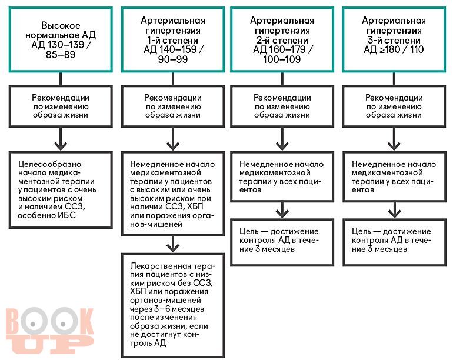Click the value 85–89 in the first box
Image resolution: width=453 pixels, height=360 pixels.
pos(61,55)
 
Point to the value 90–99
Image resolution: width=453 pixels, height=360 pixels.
pos(173,59)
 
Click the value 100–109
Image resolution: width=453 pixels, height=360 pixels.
pos(282,59)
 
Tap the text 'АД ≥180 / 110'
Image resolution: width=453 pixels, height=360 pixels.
pos(394,49)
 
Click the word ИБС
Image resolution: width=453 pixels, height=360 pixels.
pos(66,215)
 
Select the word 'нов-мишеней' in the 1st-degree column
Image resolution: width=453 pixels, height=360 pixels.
pos(156,224)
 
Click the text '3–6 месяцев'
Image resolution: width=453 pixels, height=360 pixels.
pos(179,309)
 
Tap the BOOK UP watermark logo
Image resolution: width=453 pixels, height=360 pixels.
pos(49,330)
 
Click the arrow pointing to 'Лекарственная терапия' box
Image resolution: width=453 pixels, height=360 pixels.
pos(173,244)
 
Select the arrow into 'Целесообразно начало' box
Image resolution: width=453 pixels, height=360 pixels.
pos(61,139)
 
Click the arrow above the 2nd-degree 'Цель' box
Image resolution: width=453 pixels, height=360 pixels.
pos(282,210)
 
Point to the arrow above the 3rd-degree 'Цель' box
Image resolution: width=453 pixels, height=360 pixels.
pos(394,210)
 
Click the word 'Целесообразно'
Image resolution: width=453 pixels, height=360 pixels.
pos(49,164)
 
